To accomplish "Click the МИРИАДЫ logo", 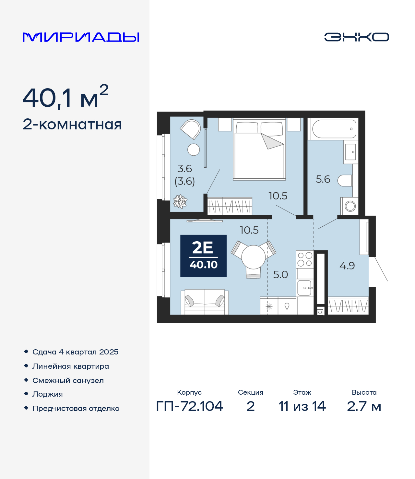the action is [x=81, y=37].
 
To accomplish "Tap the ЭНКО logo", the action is [x=356, y=37].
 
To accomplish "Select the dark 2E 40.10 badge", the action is [x=203, y=256].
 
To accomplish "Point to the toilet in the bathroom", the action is [x=345, y=181].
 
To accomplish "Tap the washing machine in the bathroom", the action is [x=350, y=206].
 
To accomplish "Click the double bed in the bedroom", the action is [x=259, y=150].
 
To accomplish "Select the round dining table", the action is [x=254, y=257].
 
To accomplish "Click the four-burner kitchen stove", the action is [x=305, y=259].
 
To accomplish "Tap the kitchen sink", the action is [x=305, y=288].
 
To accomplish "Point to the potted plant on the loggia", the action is [x=180, y=201].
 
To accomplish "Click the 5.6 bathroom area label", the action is [x=323, y=179].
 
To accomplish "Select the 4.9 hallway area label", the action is [x=347, y=266].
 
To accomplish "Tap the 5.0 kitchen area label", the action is [x=280, y=275].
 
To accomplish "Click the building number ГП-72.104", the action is [x=190, y=406].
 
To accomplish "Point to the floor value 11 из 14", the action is [x=302, y=406].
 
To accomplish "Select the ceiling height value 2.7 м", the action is [x=364, y=406].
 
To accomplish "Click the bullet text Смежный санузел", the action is [x=68, y=380].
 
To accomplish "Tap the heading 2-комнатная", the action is [x=72, y=125].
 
